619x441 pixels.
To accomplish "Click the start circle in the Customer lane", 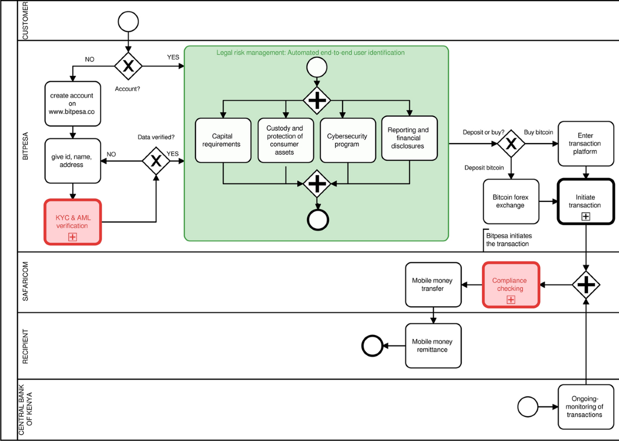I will (128, 21).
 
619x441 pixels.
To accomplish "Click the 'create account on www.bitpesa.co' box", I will (72, 103).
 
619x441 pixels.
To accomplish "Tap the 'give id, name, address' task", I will (72, 160).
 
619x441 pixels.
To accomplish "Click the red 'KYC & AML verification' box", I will (72, 222).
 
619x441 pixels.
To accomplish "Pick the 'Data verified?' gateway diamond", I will (156, 161).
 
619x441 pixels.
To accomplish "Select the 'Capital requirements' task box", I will (223, 140).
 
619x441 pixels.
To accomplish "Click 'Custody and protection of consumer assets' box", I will (285, 140).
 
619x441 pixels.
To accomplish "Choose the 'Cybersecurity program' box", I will (347, 140).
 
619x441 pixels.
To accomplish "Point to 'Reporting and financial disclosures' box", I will (410, 138).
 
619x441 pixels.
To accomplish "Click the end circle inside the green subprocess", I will (317, 219).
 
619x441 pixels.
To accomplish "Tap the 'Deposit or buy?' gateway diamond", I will (511, 144).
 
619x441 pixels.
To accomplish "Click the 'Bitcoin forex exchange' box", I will (511, 201).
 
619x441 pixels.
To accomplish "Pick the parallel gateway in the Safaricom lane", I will (587, 284).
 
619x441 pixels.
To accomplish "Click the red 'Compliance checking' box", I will (511, 285).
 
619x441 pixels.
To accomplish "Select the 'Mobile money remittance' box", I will (433, 345).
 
